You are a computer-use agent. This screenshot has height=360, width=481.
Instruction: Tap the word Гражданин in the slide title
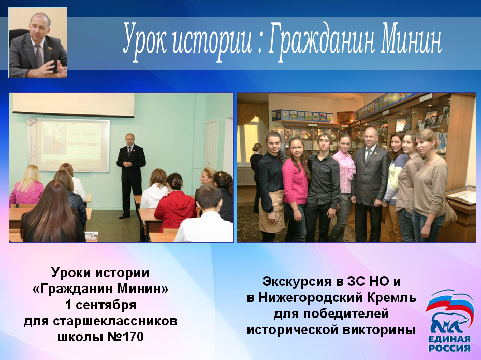322,42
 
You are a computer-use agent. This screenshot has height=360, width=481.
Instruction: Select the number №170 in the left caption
126,337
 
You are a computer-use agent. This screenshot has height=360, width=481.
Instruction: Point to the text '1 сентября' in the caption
100,305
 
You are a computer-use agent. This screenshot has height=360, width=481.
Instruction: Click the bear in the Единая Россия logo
450,323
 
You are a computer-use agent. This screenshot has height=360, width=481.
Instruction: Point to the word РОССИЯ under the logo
449,348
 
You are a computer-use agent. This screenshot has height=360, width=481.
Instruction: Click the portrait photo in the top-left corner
38,42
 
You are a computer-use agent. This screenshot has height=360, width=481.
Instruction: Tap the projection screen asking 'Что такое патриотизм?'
72,145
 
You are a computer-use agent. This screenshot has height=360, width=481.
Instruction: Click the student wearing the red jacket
175,202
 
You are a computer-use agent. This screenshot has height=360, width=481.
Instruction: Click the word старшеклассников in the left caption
100,321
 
